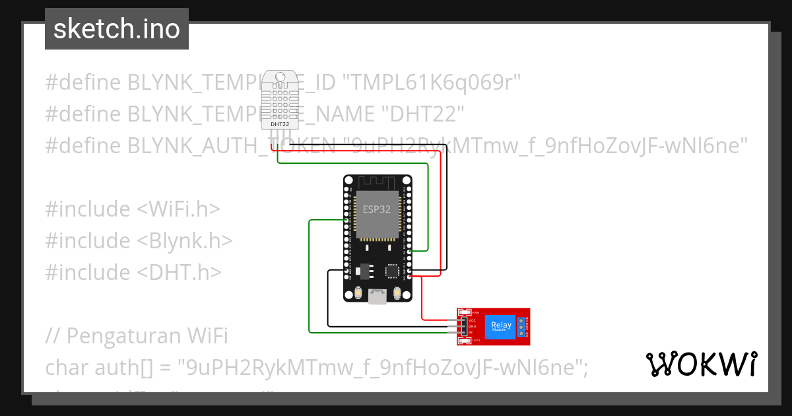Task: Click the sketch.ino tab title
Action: (x=116, y=29)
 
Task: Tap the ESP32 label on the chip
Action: (x=377, y=209)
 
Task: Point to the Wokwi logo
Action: (x=701, y=364)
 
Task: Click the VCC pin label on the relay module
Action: (x=472, y=320)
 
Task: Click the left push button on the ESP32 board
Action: (x=358, y=293)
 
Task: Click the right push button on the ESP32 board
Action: (x=397, y=293)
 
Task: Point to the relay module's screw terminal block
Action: (x=521, y=326)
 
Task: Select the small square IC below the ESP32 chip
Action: (x=393, y=271)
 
